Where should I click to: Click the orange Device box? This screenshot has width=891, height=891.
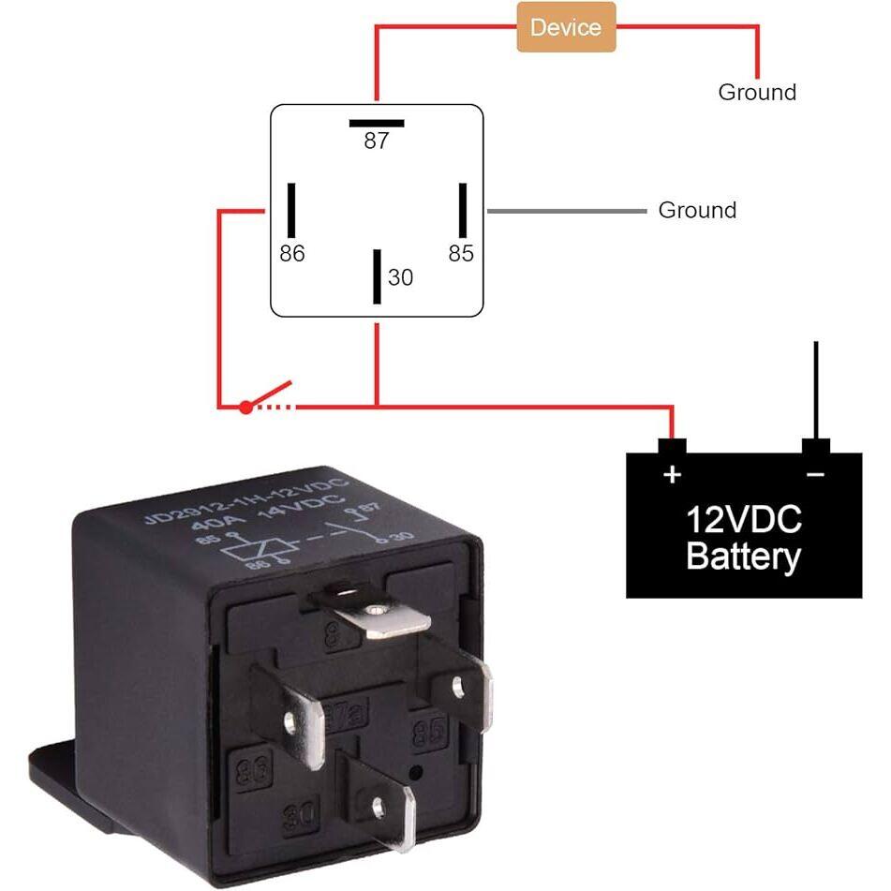[567, 26]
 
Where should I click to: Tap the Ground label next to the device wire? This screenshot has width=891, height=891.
[757, 92]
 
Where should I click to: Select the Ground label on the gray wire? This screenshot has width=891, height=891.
[697, 210]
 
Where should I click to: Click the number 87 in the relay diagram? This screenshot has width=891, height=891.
[377, 141]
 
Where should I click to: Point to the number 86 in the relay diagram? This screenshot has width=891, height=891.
[292, 253]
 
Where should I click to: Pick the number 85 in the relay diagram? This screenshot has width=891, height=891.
[461, 253]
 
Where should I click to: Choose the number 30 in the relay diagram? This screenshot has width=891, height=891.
[400, 278]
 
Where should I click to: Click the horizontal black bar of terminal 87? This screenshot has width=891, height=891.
[377, 123]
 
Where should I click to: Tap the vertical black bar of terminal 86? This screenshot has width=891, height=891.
[292, 210]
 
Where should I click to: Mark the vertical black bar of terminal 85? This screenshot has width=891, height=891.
[462, 210]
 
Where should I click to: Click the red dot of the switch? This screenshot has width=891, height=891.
[245, 407]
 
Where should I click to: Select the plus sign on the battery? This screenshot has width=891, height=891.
[672, 474]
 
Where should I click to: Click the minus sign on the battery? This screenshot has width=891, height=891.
[815, 475]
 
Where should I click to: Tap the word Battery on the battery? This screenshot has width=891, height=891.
[743, 556]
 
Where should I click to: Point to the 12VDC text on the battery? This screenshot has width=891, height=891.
[743, 518]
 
